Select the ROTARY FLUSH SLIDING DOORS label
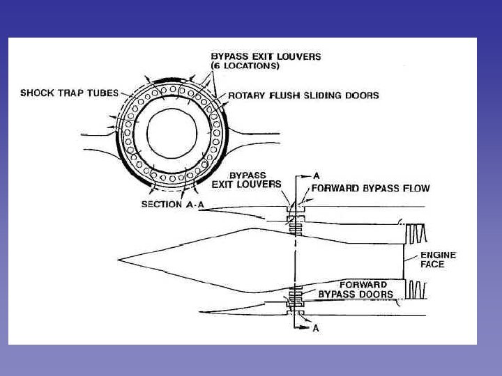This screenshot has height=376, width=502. [304, 95]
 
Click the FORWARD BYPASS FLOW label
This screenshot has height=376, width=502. [370, 188]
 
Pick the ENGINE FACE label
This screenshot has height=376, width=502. [438, 260]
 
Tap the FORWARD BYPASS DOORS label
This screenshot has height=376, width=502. [355, 290]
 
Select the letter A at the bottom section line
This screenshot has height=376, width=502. [315, 328]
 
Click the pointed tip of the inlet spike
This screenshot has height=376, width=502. [119, 260]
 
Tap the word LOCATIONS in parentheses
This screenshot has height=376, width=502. [248, 65]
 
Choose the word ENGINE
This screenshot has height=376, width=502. [438, 255]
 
